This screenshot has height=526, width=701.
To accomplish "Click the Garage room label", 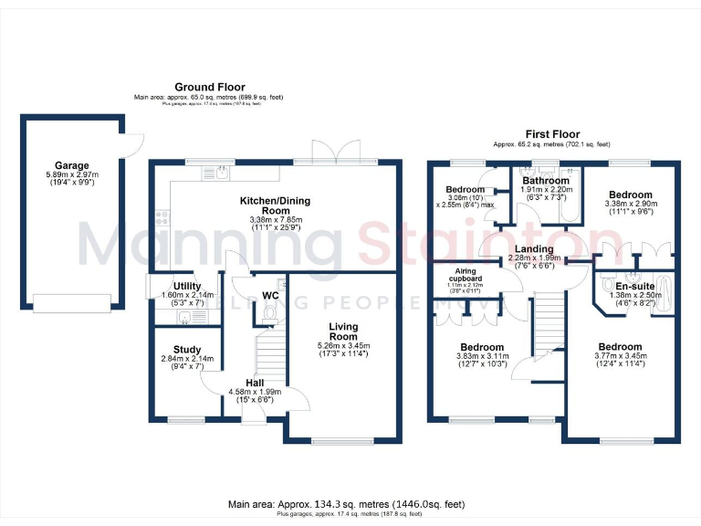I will (72, 166).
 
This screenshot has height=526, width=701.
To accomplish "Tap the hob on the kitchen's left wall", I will (162, 218).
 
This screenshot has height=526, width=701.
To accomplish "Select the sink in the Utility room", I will (185, 317).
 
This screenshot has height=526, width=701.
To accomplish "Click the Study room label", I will (186, 349).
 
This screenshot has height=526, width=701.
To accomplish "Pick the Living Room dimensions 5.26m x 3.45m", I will (343, 346).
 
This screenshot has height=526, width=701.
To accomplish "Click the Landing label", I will (534, 248).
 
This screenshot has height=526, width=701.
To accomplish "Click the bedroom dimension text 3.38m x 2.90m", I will (631, 205).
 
